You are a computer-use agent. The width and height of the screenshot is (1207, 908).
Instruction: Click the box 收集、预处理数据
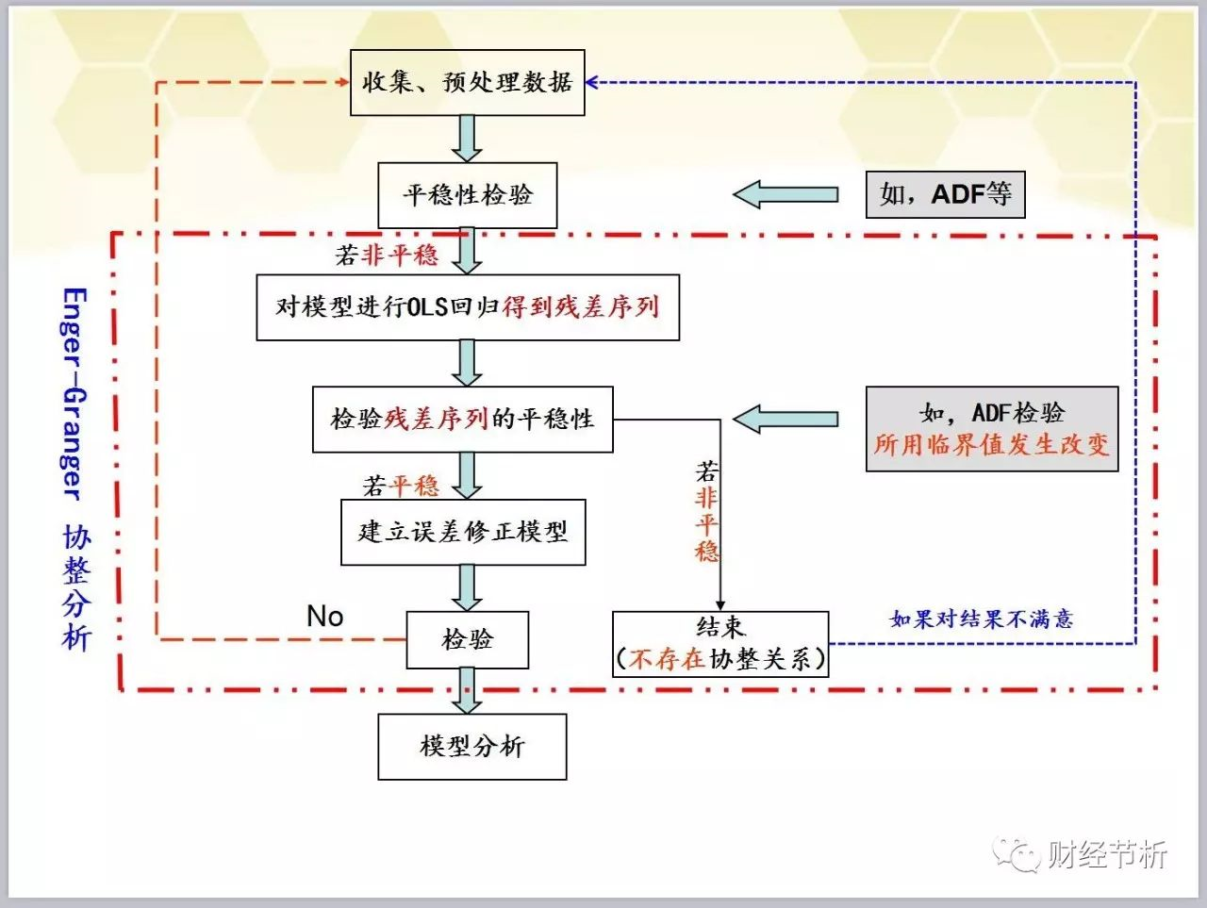(467, 83)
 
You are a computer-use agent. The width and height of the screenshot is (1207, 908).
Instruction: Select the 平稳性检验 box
(467, 195)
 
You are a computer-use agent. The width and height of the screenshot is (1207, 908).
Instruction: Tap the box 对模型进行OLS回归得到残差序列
(468, 307)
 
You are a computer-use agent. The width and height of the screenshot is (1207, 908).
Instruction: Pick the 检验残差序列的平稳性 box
(462, 419)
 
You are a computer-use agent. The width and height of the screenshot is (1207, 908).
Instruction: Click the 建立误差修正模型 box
(463, 532)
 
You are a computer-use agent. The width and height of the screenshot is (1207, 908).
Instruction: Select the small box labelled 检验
(467, 640)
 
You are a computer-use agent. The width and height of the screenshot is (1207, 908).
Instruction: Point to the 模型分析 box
(471, 747)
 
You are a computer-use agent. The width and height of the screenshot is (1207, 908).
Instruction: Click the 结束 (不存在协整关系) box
(720, 644)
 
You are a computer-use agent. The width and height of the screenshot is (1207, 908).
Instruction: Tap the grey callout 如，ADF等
(945, 195)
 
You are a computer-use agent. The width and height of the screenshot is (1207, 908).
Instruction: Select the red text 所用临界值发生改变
(991, 445)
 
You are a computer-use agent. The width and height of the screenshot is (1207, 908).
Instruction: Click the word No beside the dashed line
(324, 617)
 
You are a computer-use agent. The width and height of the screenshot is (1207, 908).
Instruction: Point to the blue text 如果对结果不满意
(981, 619)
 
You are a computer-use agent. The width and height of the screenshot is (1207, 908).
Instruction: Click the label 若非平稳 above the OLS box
(387, 255)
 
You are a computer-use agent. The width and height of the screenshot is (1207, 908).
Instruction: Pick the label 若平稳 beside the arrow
(401, 486)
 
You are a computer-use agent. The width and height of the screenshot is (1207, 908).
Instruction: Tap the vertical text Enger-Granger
(74, 393)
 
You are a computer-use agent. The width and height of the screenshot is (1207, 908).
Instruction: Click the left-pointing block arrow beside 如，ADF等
(785, 195)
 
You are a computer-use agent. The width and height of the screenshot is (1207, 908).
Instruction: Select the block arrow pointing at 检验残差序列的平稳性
(785, 420)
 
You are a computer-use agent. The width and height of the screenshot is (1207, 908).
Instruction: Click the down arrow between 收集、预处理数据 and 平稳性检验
(466, 139)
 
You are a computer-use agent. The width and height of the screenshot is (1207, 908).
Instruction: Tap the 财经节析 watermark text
(1106, 854)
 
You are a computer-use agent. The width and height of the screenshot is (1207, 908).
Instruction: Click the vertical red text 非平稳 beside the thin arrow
(706, 524)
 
